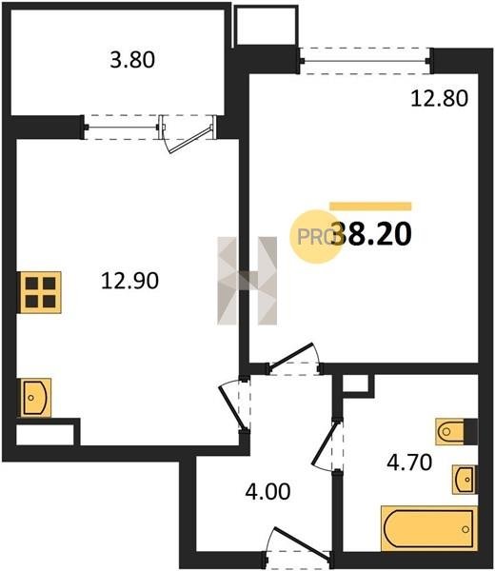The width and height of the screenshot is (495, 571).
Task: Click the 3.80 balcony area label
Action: click(132, 60)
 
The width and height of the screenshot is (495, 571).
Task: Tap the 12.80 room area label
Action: click(439, 98)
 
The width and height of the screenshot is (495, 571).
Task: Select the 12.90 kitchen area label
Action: click(130, 281)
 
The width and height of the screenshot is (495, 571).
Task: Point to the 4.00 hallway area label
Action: click(267, 491)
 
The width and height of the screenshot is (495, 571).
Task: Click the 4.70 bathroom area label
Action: click(409, 463)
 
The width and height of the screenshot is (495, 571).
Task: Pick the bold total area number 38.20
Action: click(371, 234)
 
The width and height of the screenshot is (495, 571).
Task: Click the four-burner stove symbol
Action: click(40, 292)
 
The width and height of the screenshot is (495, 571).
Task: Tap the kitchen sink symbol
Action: click(35, 397)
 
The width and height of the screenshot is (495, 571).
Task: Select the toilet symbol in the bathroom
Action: click(457, 432)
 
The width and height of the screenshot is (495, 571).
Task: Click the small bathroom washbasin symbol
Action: click(465, 480)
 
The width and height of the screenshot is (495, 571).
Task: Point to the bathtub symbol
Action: click(429, 529)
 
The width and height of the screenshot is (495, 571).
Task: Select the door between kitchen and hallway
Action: click(235, 405)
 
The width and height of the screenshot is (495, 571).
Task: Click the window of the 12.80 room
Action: click(366, 61)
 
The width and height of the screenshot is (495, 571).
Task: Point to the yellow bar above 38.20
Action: click(370, 207)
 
